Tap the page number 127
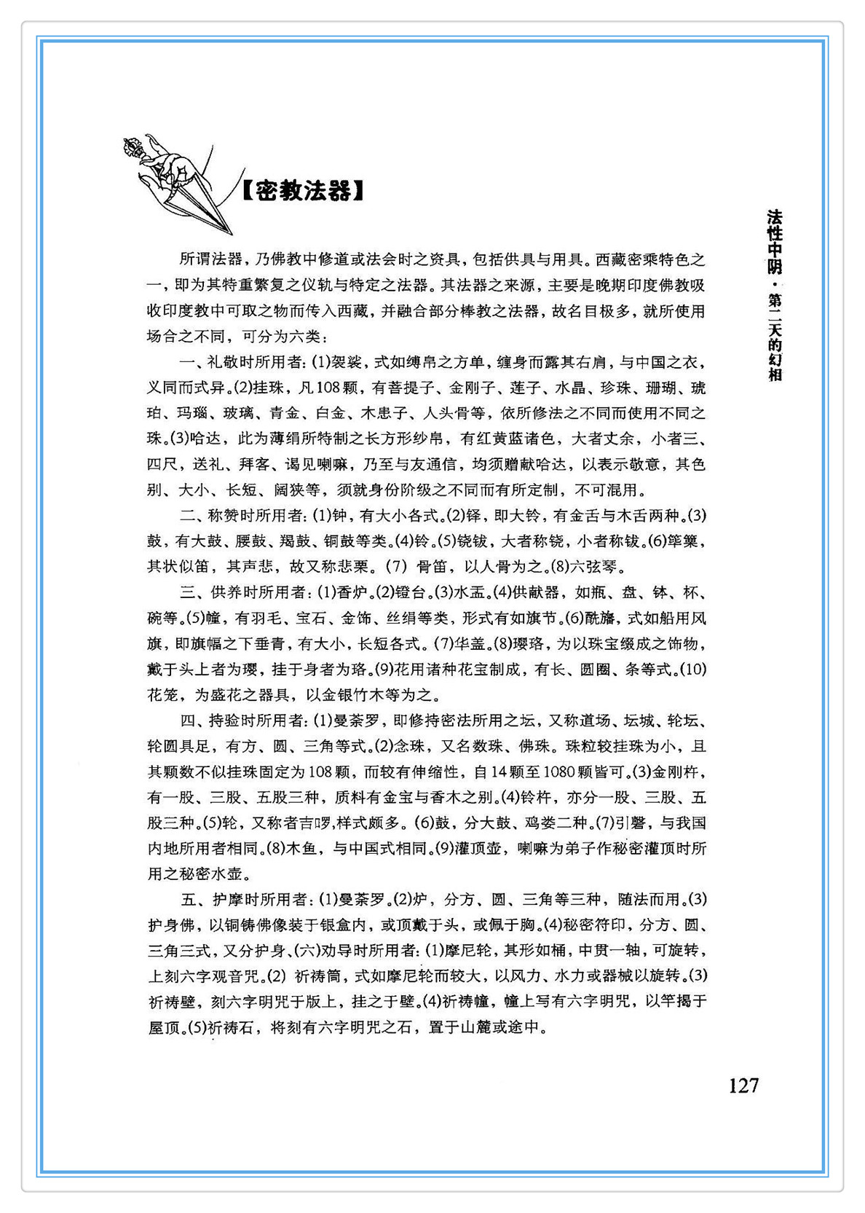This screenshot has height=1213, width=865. [x=743, y=1086]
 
